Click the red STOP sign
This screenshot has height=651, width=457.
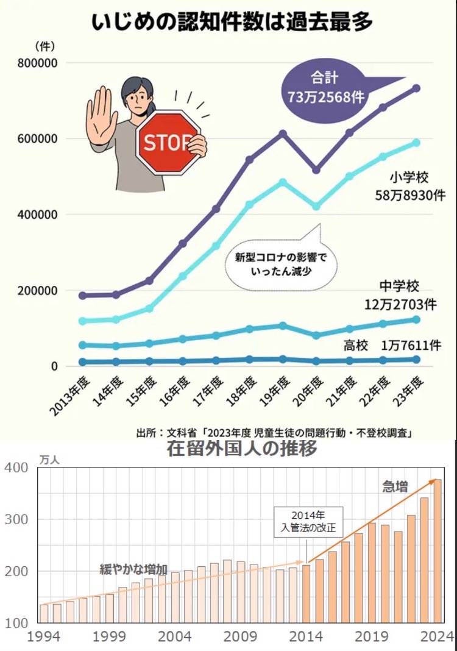tap(168, 143)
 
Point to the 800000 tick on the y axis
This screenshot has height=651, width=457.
tap(38, 63)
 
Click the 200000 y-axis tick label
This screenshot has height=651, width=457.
tap(38, 291)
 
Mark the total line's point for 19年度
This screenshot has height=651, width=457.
tap(282, 133)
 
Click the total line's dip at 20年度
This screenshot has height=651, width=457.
tap(316, 169)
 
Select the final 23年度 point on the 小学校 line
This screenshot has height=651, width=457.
tap(417, 143)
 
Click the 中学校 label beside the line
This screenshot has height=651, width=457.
tap(399, 286)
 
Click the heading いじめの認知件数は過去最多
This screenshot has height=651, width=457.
tap(231, 23)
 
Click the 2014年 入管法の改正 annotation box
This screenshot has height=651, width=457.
tap(308, 521)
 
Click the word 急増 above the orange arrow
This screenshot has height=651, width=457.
tap(395, 486)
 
